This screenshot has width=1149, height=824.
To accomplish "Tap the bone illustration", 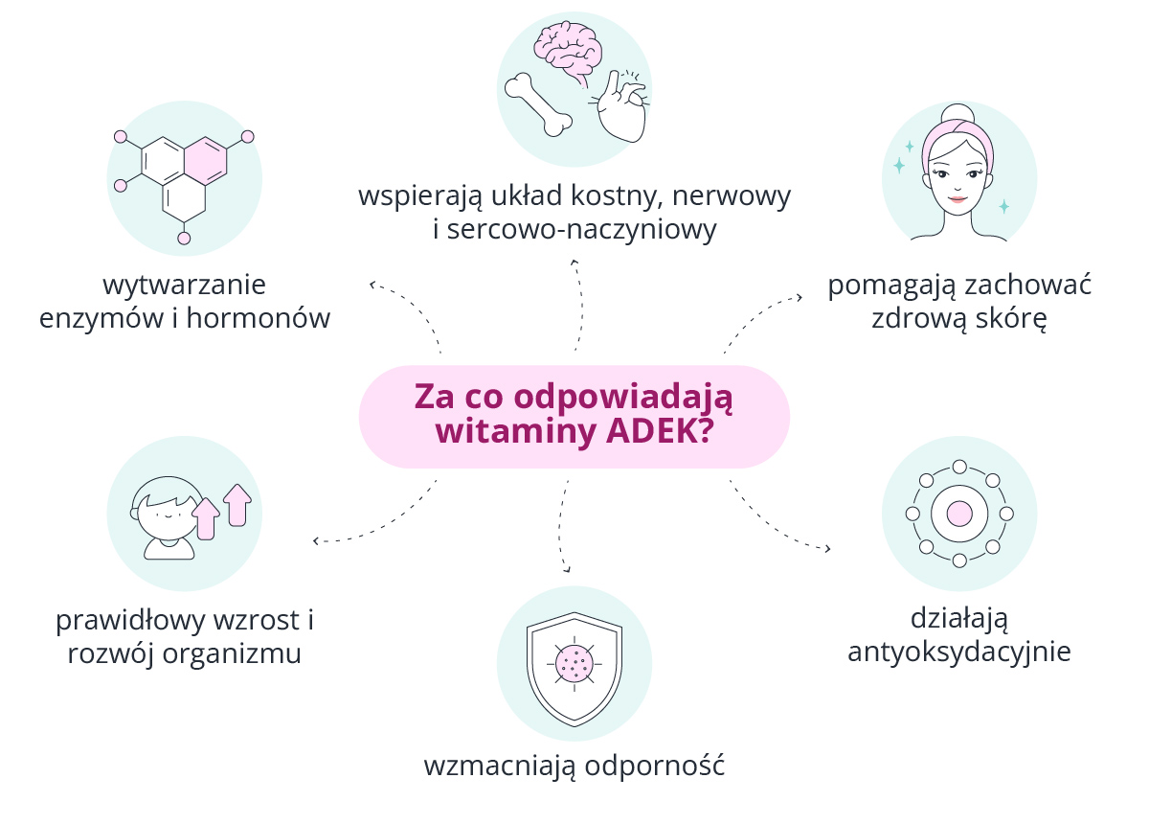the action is (x=538, y=104).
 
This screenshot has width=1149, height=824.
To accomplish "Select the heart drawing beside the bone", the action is (x=620, y=106).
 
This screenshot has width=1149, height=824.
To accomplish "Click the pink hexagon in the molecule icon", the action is (x=205, y=161).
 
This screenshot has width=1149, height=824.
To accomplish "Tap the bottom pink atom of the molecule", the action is (x=184, y=239).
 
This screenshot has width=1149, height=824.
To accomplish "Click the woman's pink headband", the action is (x=957, y=139).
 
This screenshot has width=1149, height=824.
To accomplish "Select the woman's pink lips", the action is (x=957, y=198).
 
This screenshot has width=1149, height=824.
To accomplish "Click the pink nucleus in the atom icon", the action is (x=959, y=514).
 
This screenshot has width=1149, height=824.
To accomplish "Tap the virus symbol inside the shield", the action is (x=574, y=664).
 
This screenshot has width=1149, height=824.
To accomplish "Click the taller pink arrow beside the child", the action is (x=237, y=505).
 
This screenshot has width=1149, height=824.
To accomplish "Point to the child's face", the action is (x=168, y=517).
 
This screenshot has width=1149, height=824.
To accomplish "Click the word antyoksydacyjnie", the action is (x=959, y=652).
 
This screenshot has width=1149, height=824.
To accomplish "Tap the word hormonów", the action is (x=259, y=318).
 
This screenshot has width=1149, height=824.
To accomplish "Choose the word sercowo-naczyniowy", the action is (x=581, y=229).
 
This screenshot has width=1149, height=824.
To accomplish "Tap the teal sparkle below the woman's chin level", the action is (x=1003, y=206).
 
